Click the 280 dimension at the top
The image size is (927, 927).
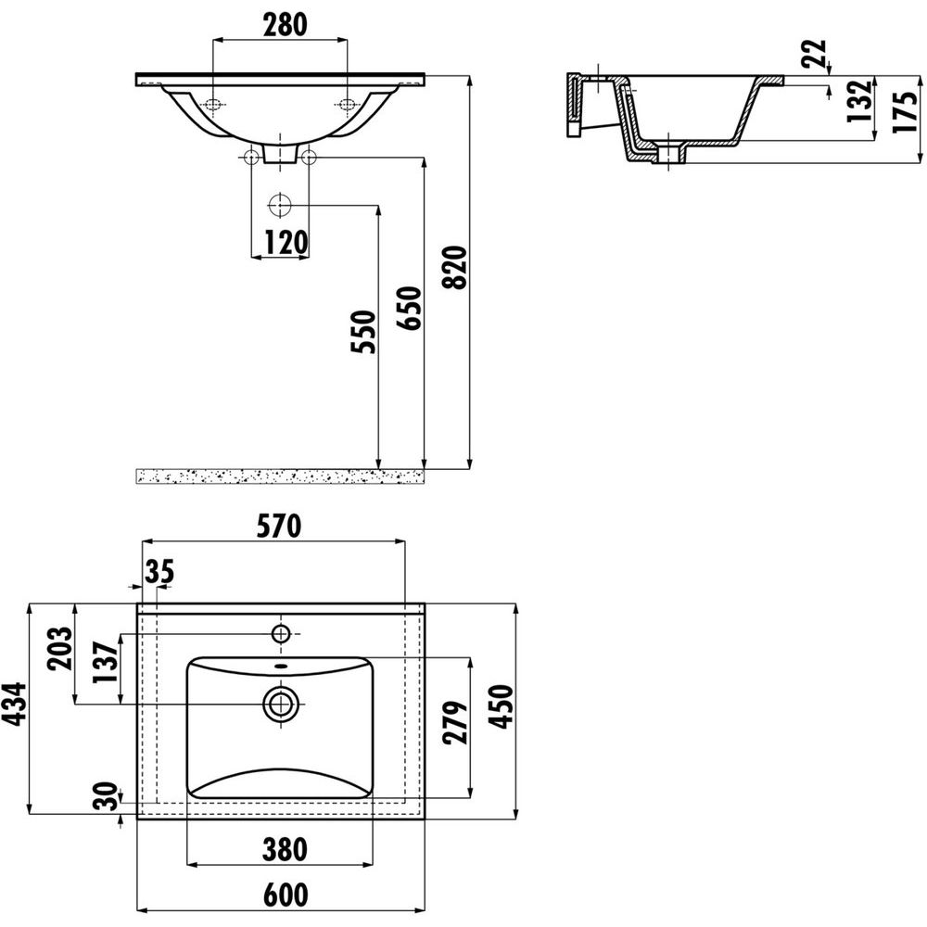point(285,25)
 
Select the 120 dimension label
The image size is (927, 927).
point(286,242)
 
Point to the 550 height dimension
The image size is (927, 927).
point(363,332)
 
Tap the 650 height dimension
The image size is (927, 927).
point(409,308)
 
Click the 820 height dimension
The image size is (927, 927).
point(455,267)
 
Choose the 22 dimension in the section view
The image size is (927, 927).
point(815,54)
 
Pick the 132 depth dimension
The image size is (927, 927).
point(859,100)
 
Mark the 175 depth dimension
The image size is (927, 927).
point(905,112)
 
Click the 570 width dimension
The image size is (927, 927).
point(278,527)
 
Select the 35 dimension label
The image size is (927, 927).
point(159,571)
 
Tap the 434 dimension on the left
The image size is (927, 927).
point(14,704)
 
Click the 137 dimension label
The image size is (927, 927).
point(107,662)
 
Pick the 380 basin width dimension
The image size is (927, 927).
point(285,849)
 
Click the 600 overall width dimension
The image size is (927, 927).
point(286,895)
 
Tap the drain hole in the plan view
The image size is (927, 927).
point(280,704)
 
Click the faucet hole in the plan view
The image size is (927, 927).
point(280,634)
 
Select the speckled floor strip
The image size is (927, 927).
point(280,476)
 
